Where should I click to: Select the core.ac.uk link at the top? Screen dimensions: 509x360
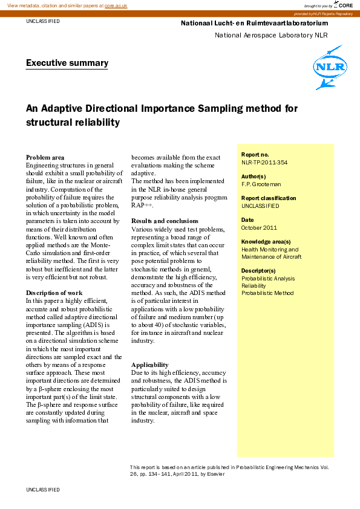(x=116, y=5)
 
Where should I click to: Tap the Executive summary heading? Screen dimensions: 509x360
(x=67, y=63)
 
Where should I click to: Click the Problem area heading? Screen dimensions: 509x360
(x=45, y=157)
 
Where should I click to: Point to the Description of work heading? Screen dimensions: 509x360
(x=54, y=293)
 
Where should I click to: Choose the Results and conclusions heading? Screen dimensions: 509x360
(x=165, y=221)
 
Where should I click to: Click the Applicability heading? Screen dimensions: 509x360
(x=151, y=365)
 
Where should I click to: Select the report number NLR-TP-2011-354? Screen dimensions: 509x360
(x=264, y=163)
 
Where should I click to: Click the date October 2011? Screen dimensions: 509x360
(x=259, y=228)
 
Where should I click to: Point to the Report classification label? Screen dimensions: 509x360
(x=269, y=198)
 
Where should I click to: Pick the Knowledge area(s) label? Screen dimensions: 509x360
(x=266, y=242)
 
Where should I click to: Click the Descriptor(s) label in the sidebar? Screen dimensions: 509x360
(x=258, y=271)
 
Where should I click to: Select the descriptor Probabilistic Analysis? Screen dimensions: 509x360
(x=268, y=279)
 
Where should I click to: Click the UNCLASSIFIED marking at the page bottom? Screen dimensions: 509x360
(x=43, y=488)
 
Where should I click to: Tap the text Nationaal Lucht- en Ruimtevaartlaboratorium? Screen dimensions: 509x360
(x=254, y=24)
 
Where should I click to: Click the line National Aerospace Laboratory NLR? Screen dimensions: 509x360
(x=271, y=35)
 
